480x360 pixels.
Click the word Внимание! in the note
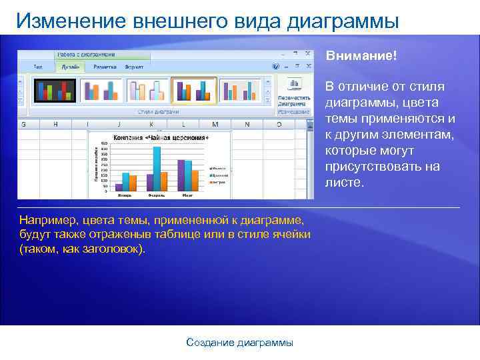pos(361,56)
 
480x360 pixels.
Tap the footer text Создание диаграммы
pos(239,342)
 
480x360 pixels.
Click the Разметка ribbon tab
pos(105,67)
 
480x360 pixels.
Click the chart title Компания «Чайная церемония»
pos(161,137)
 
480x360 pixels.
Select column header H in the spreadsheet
pos(55,124)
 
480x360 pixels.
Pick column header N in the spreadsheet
pos(247,124)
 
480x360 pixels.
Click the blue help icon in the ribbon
pos(275,66)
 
